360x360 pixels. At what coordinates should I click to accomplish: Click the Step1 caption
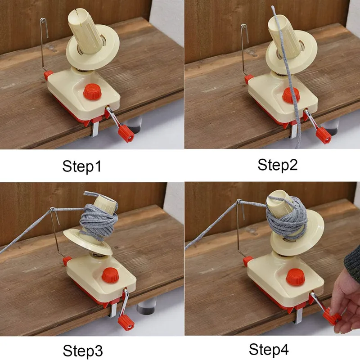tap(82, 166)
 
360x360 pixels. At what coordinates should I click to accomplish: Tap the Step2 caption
tap(277, 165)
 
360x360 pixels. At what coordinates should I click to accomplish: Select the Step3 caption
tap(83, 351)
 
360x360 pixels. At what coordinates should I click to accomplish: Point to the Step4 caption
tap(269, 350)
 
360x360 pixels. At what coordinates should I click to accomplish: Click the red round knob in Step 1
tap(92, 92)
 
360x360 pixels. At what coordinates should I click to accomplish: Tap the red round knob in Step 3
tap(110, 275)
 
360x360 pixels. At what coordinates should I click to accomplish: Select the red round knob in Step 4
tap(295, 277)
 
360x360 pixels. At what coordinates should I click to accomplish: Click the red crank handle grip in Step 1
tap(126, 134)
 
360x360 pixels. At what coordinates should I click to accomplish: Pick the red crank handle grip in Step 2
tap(324, 135)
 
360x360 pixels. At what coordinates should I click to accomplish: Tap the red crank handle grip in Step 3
tap(126, 323)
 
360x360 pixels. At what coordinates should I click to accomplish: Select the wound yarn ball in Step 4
tap(287, 216)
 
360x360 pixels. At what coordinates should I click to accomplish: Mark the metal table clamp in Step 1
tap(95, 129)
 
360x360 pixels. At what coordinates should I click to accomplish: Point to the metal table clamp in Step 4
tap(299, 316)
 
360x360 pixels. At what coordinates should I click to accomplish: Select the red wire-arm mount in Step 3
tap(67, 261)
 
